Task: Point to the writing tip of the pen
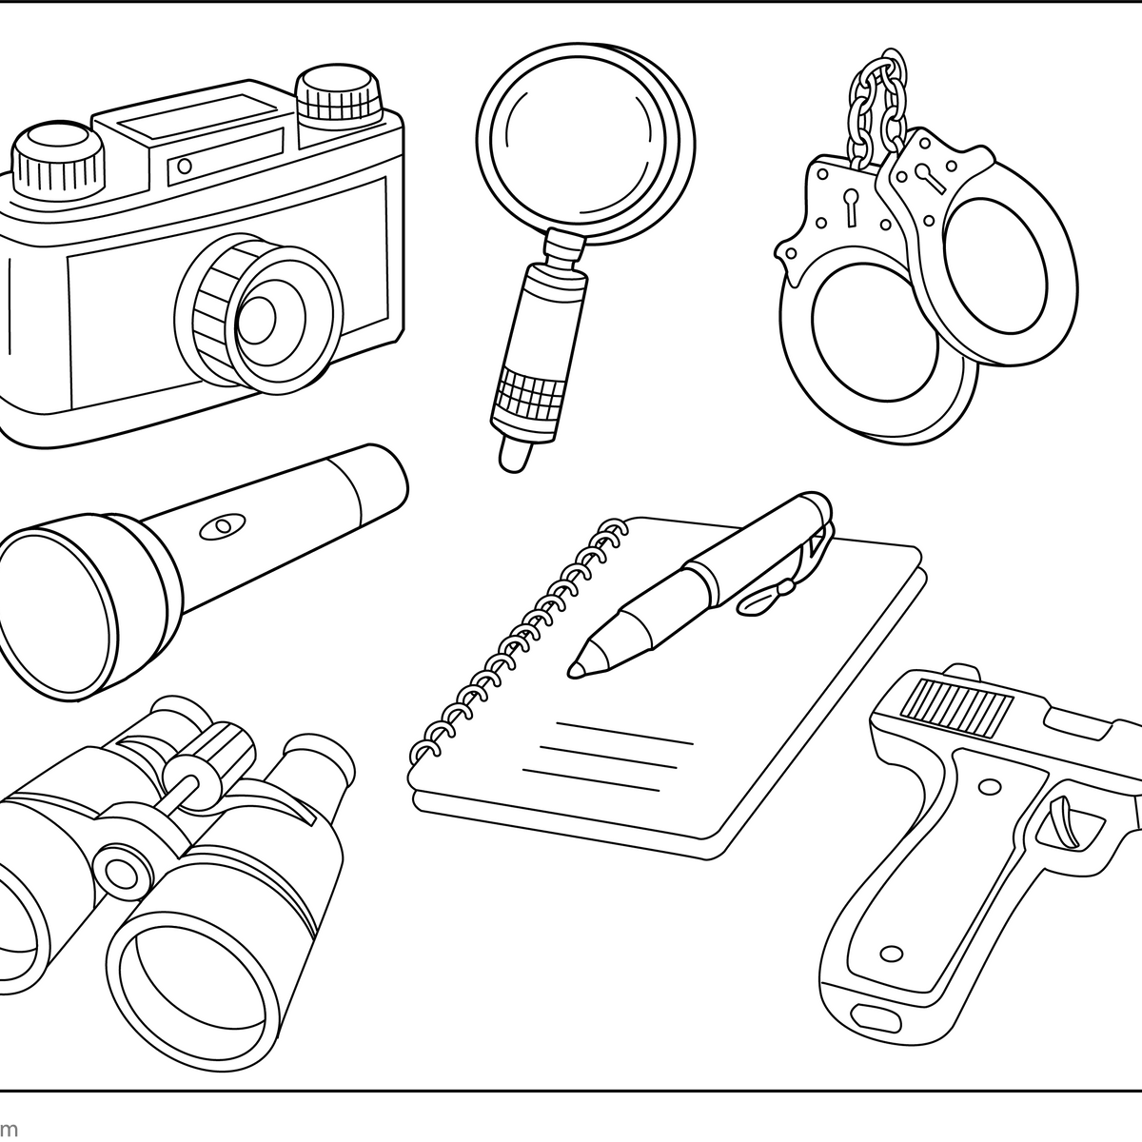click(x=577, y=668)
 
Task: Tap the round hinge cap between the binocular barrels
click(x=118, y=870)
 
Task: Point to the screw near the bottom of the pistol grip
click(x=892, y=954)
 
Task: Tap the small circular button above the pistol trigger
click(x=990, y=786)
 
